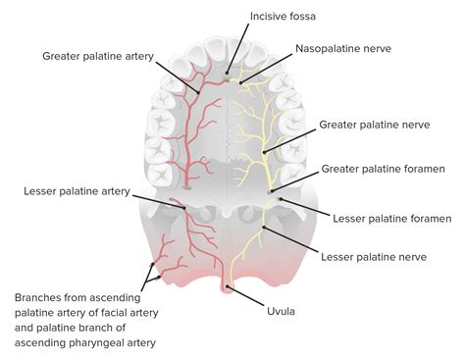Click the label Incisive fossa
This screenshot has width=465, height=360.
pos(284,16)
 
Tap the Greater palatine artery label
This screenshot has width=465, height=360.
pos(97,56)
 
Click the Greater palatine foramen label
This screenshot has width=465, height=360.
pos(377,168)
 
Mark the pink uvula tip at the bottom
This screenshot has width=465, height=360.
pos(229,288)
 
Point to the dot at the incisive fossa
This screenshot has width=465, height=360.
pos(228,72)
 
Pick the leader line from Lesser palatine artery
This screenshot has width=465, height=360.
pos(152,199)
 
